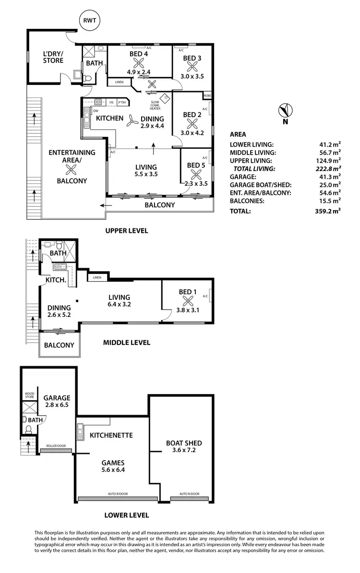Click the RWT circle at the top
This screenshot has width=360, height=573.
[89, 21]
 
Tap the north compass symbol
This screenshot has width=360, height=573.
[285, 110]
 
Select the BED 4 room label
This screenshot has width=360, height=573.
[139, 54]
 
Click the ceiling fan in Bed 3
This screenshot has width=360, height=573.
[192, 67]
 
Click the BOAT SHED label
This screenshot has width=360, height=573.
[184, 443]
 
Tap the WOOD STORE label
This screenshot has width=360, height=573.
[30, 395]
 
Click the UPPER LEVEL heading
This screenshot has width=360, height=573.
[127, 230]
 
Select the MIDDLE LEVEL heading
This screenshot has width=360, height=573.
[127, 343]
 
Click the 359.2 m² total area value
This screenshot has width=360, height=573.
[328, 211]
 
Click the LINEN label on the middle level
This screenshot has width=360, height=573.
[97, 277]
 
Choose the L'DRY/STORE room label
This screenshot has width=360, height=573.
[53, 57]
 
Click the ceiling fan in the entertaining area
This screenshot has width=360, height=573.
[72, 168]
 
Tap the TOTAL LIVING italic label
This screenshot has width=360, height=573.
[254, 168]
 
